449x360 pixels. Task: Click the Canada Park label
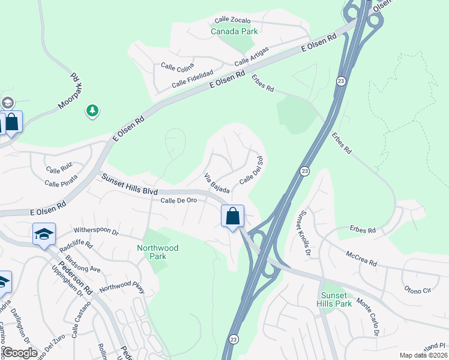[234, 31]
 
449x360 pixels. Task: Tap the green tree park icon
[92, 110]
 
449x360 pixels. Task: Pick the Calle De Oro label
[179, 200]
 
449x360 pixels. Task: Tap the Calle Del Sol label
[252, 172]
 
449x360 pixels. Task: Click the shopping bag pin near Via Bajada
[233, 216]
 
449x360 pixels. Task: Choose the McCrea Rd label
[361, 259]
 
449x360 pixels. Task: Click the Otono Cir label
[418, 292]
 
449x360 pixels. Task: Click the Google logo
[20, 352]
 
